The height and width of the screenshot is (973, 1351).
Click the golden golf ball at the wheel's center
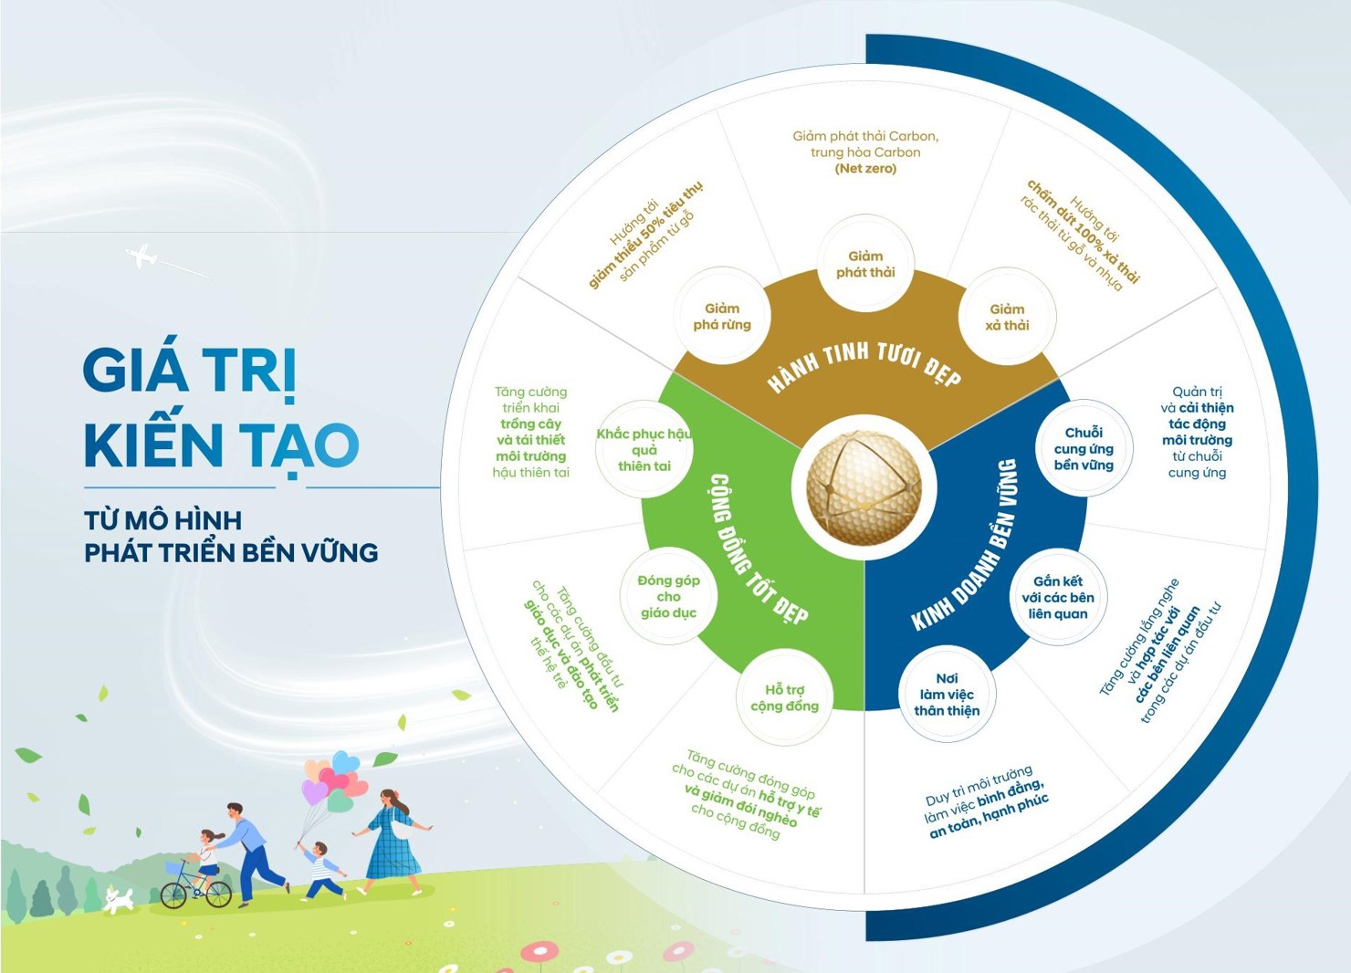point(864,486)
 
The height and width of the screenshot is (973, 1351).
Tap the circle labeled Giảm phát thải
point(865,264)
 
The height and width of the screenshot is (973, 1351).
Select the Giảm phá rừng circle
point(722,316)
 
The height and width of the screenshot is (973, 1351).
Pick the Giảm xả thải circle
point(1007,317)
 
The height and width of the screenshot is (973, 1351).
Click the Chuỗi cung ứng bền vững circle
point(1084,448)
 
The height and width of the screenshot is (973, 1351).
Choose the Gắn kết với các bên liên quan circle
point(1058,597)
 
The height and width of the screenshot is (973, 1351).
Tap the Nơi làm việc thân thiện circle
point(947,694)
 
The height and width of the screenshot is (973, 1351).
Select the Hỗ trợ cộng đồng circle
point(785,697)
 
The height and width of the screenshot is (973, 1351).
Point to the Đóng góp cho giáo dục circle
point(668,596)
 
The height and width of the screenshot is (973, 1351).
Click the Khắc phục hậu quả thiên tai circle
point(644,449)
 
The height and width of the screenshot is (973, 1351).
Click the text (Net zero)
point(865,168)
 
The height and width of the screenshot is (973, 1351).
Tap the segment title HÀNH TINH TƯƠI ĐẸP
point(864,367)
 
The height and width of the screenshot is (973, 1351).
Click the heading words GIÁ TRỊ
point(189,369)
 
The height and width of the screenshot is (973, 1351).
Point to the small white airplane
point(141,256)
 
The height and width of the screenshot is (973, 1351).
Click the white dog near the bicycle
point(119,901)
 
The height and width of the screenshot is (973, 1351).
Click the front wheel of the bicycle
point(218,895)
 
